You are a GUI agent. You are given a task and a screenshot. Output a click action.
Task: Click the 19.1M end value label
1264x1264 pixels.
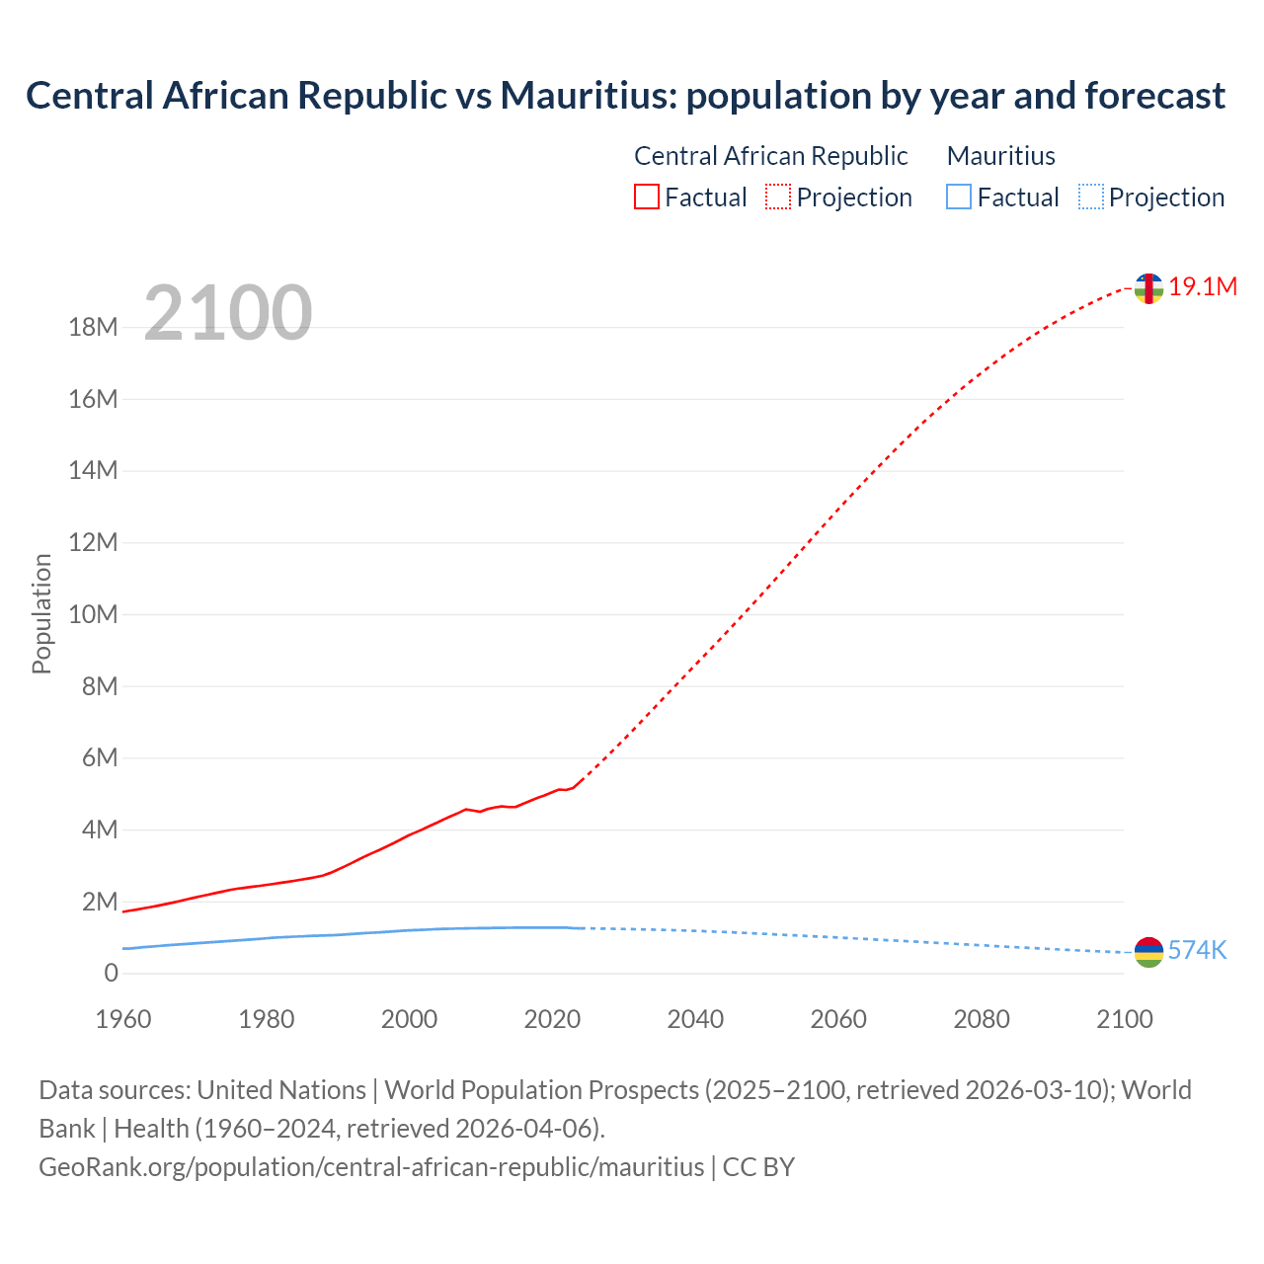coord(1203,287)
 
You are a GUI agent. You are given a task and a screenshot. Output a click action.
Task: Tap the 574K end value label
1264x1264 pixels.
coord(1197,951)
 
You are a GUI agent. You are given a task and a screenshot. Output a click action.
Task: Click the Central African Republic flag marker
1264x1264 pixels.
coord(1148,288)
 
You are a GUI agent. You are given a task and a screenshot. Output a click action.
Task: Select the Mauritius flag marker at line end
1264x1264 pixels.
coord(1148,952)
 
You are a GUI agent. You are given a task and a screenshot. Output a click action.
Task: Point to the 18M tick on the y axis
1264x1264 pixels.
coord(93,328)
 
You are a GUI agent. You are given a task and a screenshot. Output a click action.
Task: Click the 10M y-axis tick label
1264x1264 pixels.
coord(93,615)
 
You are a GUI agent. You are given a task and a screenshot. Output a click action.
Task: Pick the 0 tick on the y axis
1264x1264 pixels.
coord(111,974)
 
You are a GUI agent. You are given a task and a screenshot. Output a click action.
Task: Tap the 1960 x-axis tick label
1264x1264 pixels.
coord(123,1019)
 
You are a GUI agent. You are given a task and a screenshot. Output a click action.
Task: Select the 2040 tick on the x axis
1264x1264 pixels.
coord(695,1019)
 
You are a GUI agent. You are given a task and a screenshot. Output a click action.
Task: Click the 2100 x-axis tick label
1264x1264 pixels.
coord(1124,1019)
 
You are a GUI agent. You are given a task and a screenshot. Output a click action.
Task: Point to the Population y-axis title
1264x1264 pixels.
coord(41,613)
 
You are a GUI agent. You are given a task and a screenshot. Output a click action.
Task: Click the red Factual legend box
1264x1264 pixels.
coord(647,197)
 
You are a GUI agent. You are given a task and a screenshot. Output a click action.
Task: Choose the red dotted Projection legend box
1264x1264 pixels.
coord(778,197)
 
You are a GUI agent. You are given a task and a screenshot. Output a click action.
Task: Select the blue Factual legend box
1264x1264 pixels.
coord(959,197)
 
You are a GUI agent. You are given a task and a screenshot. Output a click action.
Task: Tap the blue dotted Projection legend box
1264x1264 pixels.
coord(1090,197)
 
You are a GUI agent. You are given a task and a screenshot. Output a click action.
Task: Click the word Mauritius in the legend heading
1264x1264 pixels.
coord(1000,156)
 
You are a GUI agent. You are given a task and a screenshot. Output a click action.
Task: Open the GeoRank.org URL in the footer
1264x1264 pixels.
coord(371,1167)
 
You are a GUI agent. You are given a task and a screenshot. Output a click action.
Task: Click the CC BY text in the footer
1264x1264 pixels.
coord(758,1167)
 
